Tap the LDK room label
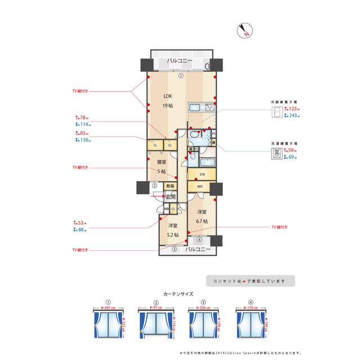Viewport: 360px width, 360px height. pos(168,95)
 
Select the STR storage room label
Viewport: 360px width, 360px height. pos(201,174)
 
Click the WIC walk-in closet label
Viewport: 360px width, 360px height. pos(200,187)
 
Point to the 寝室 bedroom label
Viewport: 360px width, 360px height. pos(162,162)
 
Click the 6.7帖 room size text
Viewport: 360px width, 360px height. pos(202,221)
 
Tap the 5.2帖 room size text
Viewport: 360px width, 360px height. pos(173,235)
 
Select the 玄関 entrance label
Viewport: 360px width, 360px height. pos(170,197)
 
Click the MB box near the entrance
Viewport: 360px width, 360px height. pos(166,209)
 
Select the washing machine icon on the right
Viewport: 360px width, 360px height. pos(277,152)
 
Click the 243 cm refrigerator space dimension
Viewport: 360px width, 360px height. pos(292,116)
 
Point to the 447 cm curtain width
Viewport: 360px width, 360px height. pos(109,308)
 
